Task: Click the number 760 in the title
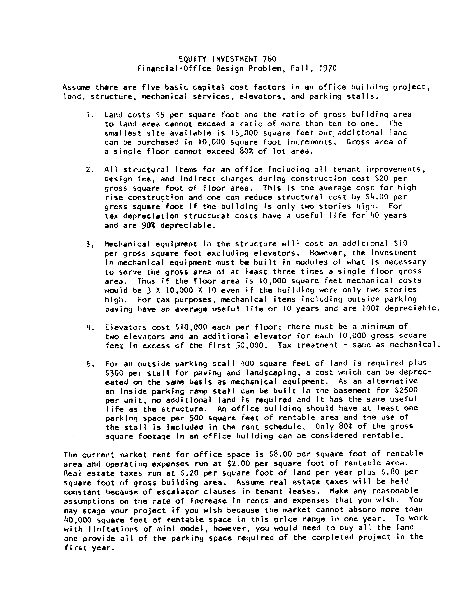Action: (269, 59)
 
